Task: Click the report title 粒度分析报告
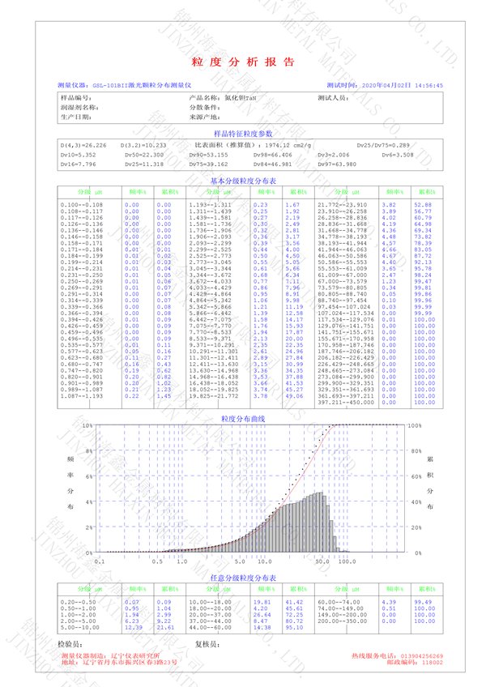(x=243, y=62)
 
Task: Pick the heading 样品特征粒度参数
(x=243, y=133)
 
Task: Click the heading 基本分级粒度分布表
(x=243, y=181)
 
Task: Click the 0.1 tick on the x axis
(x=100, y=560)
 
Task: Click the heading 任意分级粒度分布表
(x=243, y=578)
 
